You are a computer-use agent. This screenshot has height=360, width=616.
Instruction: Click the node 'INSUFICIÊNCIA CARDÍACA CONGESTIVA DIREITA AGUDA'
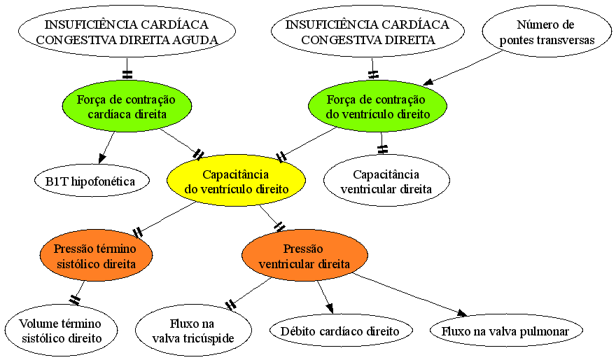(x=127, y=32)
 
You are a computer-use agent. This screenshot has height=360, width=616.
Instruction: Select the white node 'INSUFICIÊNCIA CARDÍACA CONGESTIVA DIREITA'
(x=367, y=32)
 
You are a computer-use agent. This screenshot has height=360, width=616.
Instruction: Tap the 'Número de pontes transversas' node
(x=547, y=32)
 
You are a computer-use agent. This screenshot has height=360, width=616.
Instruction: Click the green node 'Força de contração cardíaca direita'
(x=127, y=106)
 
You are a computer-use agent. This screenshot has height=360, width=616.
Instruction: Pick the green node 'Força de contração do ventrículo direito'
(x=377, y=106)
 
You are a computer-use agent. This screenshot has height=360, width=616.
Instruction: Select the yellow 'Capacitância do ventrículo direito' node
(x=236, y=181)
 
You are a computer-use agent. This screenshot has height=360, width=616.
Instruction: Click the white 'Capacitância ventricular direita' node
(x=386, y=181)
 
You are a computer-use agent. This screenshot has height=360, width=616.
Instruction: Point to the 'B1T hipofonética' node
(x=92, y=181)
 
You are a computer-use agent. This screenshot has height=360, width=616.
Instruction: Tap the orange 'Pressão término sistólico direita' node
(x=97, y=255)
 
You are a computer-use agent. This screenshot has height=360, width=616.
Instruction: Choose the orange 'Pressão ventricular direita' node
(x=304, y=255)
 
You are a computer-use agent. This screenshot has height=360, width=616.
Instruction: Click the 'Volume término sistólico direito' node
(x=62, y=330)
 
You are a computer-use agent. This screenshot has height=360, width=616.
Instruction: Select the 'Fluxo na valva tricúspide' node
(x=193, y=330)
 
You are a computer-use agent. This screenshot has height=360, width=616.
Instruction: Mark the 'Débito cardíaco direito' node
(x=341, y=331)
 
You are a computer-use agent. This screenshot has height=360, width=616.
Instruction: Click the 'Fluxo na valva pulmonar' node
(x=506, y=331)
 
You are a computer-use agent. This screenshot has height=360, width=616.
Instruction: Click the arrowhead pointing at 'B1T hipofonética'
(x=101, y=158)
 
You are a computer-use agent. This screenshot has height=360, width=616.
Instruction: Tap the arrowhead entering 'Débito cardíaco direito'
(x=330, y=308)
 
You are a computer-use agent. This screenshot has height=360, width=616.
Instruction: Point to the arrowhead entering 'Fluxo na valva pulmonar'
(x=462, y=313)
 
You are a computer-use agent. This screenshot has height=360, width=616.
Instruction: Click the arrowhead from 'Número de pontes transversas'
(x=428, y=82)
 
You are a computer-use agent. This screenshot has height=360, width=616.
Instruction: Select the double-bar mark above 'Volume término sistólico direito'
(x=75, y=300)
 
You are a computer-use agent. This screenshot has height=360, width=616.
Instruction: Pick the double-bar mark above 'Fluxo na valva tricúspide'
(x=230, y=304)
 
